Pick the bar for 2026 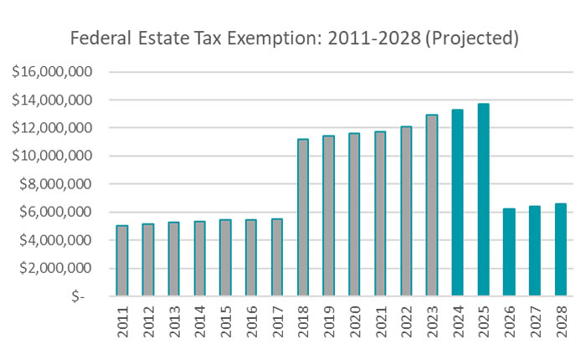point(509,252)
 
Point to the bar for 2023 point(432,205)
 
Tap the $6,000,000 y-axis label point(59,212)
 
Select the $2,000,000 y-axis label point(59,268)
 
